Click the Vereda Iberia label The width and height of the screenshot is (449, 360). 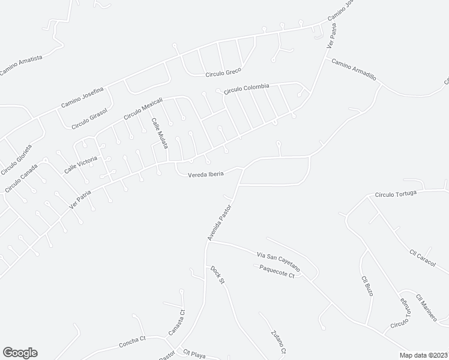click(206, 174)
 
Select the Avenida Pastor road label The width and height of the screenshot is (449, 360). click(219, 221)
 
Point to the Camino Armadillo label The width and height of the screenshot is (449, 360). click(354, 70)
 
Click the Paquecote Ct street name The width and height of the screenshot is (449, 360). click(277, 272)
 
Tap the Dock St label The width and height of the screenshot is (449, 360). click(217, 274)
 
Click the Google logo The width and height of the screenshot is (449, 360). click(20, 353)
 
